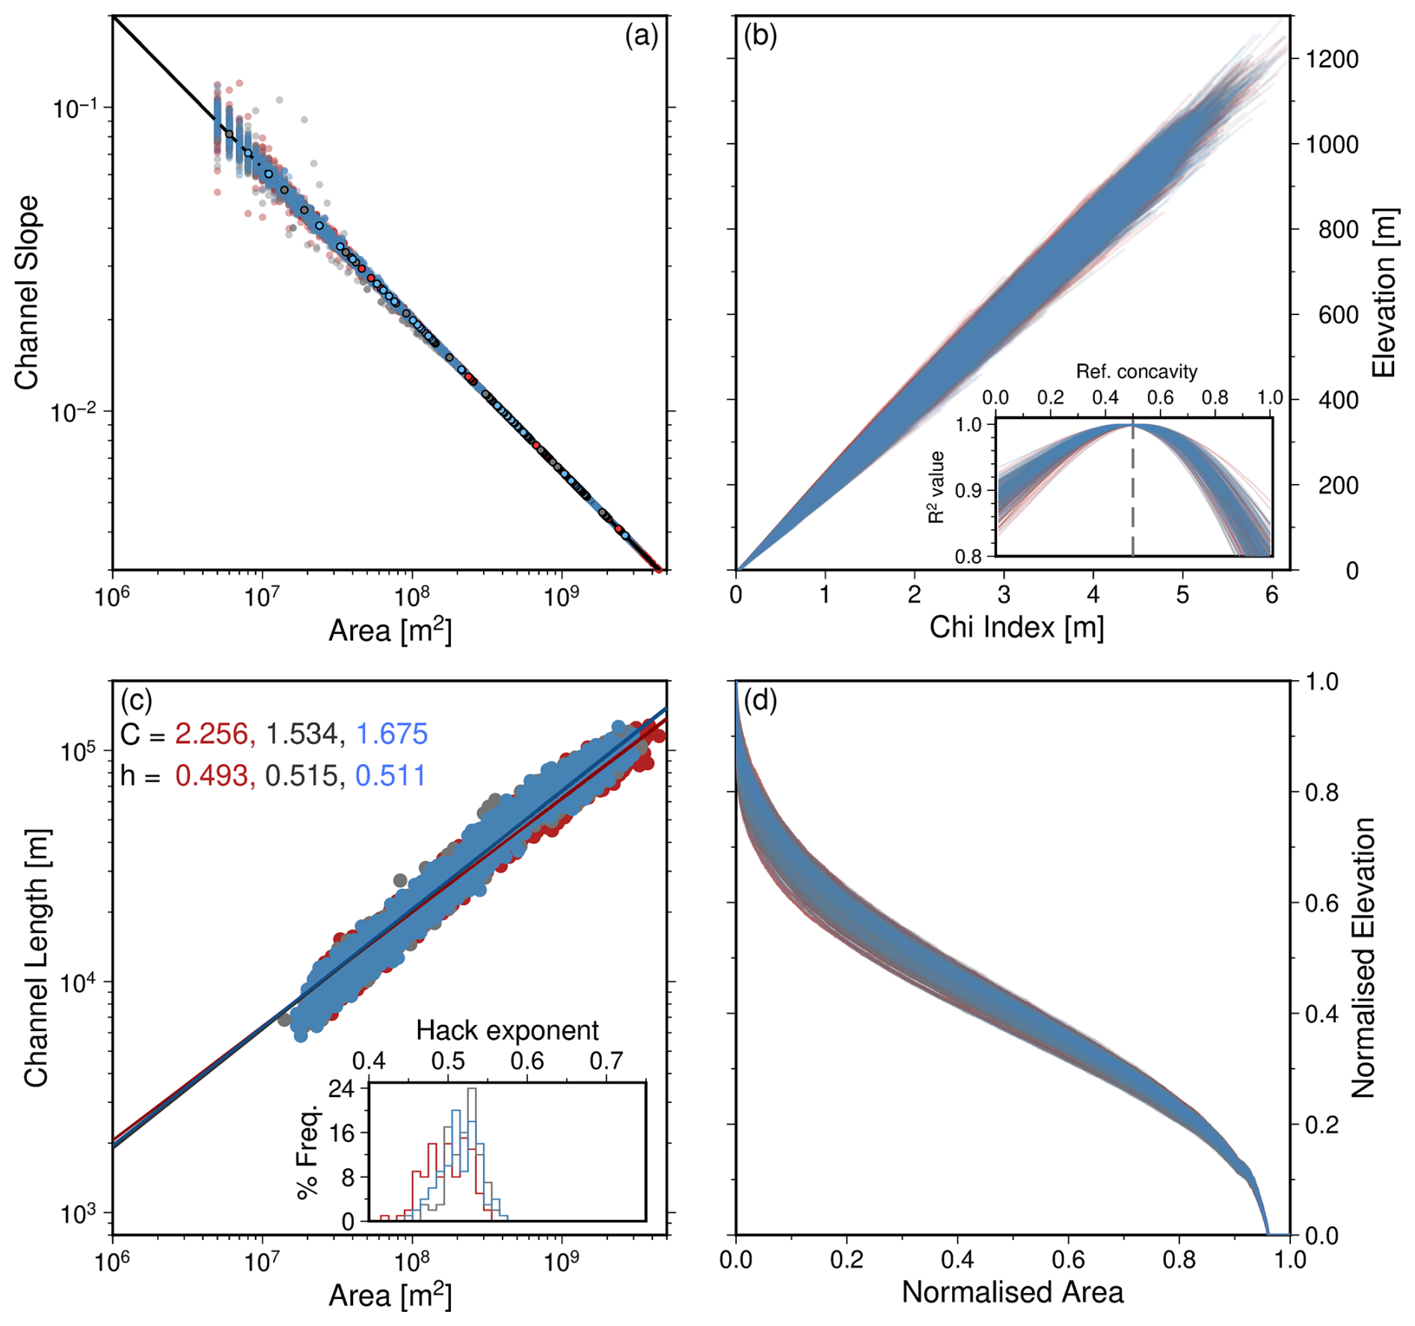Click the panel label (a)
coord(641,35)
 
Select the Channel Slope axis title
coord(26,292)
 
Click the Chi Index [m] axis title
coord(1016,627)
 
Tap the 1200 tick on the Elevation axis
coord(1331,59)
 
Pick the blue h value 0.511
coord(390,775)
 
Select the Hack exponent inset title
coord(507,1030)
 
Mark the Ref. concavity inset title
coord(1136,371)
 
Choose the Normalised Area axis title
coord(1013,1292)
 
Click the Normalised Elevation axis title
coord(1364,958)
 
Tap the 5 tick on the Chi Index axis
coord(1182,596)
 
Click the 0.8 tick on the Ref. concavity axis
coord(1215,397)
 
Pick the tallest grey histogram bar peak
coord(471,1090)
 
